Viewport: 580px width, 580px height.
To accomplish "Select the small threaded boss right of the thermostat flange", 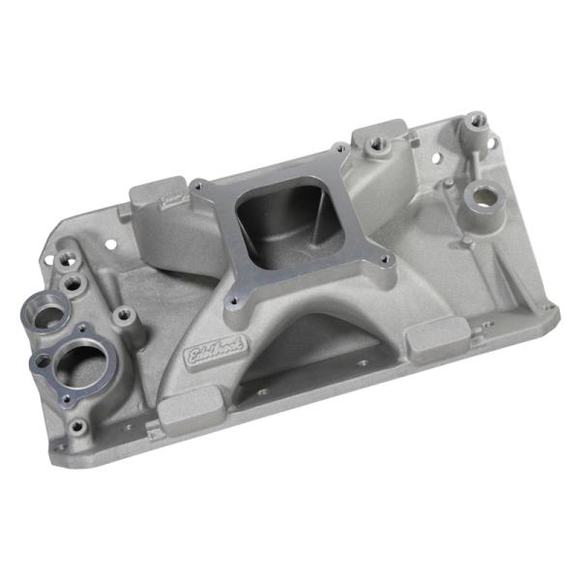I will tap(123, 314).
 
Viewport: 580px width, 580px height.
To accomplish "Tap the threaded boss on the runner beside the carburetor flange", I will tap(374, 152).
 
